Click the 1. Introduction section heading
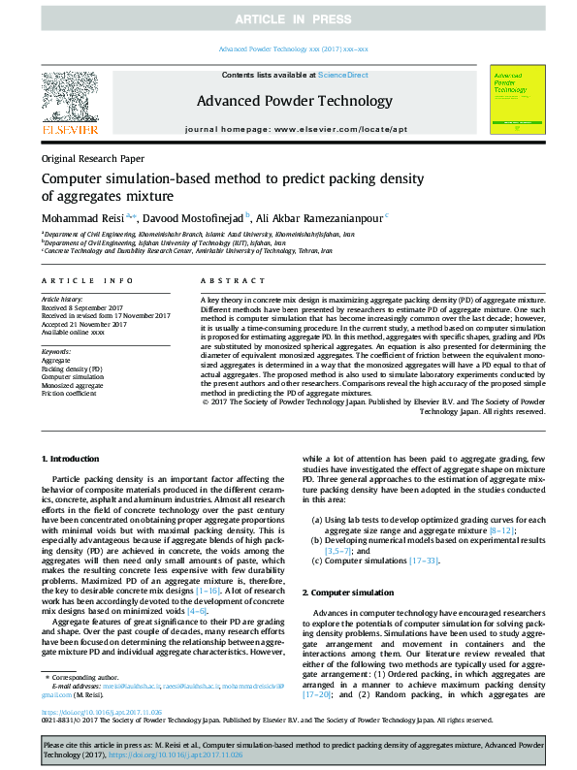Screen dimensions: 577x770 pyautogui.click(x=72, y=457)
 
